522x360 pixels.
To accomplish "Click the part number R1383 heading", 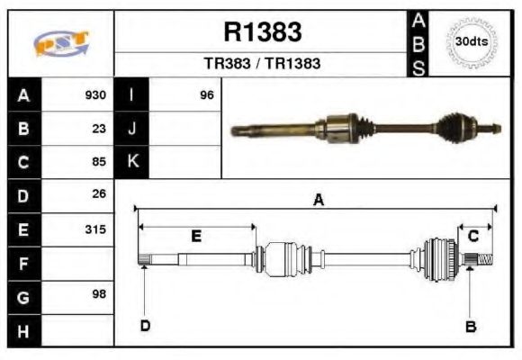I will [x=262, y=32].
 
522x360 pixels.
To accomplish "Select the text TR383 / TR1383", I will [x=262, y=64].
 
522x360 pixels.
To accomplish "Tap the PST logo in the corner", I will [x=61, y=43].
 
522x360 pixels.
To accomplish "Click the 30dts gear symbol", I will [x=471, y=42].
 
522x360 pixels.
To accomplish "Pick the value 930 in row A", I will [x=95, y=94].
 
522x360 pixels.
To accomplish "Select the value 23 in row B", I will [x=99, y=128].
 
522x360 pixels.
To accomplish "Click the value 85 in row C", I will [x=99, y=162].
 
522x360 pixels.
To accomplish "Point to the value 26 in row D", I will [x=99, y=193].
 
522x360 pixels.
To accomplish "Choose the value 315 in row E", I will [x=95, y=229].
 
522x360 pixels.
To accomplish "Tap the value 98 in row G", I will [x=99, y=295].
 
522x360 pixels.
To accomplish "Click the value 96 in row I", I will [x=206, y=94].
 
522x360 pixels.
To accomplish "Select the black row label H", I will [x=23, y=331].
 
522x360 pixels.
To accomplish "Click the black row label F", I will [x=23, y=264].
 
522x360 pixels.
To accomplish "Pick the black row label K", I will [x=132, y=162].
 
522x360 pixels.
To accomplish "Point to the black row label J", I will [x=132, y=128].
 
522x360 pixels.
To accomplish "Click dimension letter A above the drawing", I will [x=317, y=201].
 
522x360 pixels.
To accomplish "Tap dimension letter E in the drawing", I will [x=196, y=236].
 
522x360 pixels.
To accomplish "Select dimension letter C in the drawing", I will [x=472, y=236].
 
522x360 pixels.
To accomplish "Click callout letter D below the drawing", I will [x=145, y=325].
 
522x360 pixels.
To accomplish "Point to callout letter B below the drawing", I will [x=470, y=326].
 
